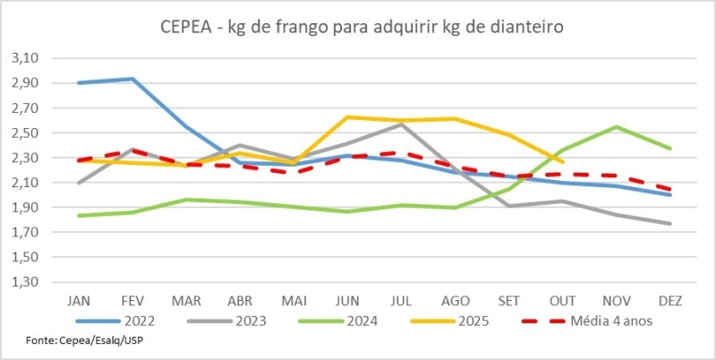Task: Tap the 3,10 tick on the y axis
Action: pyautogui.click(x=29, y=58)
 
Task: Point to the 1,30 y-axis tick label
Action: pyautogui.click(x=29, y=282)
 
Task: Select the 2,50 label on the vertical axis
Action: pyautogui.click(x=29, y=133)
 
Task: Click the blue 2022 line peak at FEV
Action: pyautogui.click(x=133, y=79)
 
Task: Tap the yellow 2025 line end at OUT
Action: pyautogui.click(x=561, y=161)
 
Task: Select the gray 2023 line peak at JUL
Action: pyautogui.click(x=401, y=124)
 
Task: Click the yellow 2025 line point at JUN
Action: pyautogui.click(x=347, y=117)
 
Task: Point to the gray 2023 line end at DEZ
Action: pyautogui.click(x=669, y=224)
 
